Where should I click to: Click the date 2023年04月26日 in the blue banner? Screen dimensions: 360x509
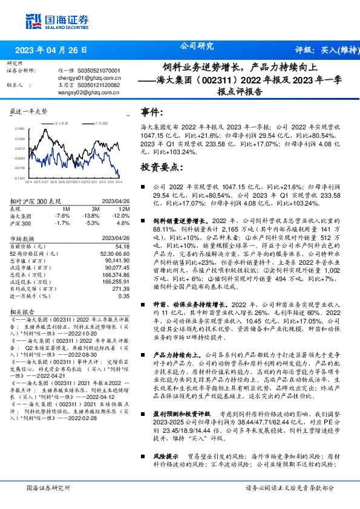(50, 50)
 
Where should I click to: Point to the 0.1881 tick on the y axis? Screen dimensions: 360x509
(20, 129)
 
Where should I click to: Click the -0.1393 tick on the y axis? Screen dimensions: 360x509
(20, 178)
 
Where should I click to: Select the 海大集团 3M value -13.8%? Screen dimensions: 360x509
(91, 215)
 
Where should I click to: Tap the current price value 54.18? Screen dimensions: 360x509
(123, 246)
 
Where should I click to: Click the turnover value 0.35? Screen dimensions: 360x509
(124, 296)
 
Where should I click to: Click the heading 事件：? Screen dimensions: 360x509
(152, 113)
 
